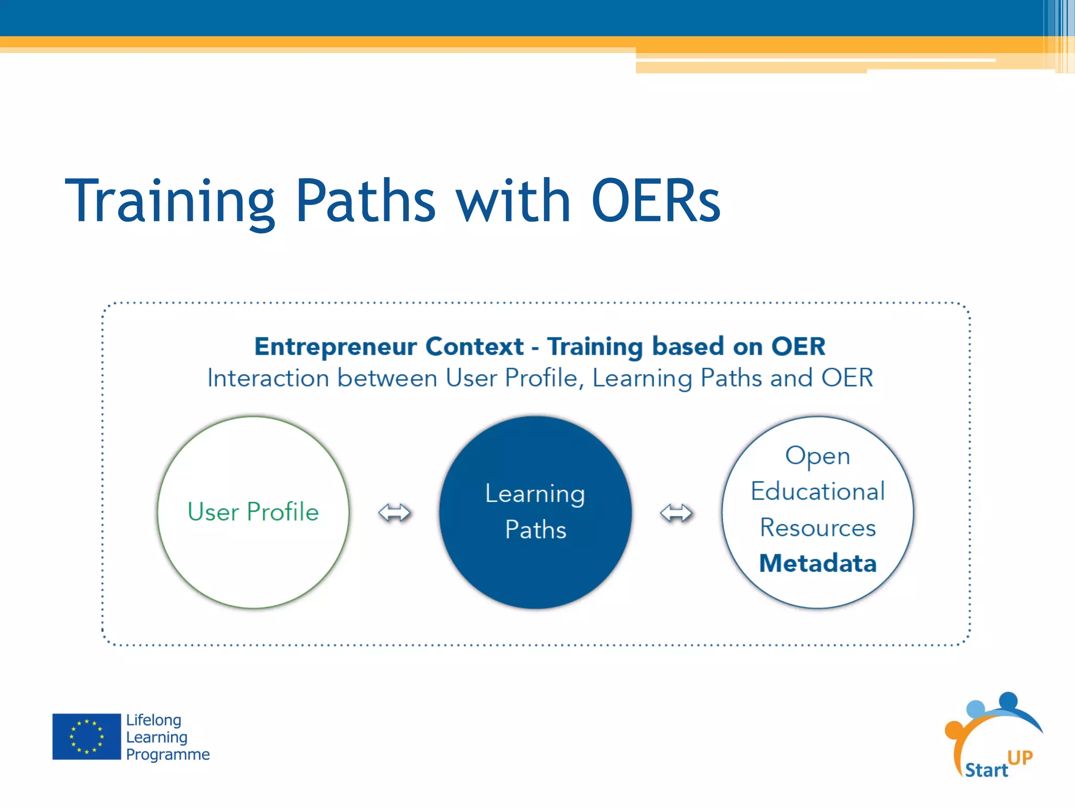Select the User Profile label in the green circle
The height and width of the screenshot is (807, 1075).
253,512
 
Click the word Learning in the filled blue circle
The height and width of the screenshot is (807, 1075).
535,494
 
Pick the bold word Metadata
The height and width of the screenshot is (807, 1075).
818,563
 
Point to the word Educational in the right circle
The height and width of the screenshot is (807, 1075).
818,492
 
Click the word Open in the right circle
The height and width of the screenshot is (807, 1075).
817,456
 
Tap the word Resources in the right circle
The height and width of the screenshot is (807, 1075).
818,527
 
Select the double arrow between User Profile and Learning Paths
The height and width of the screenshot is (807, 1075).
394,513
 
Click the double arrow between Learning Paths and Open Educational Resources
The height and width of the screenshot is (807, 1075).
676,513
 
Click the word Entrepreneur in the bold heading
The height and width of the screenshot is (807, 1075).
336,347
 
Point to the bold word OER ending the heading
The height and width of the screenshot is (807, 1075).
798,347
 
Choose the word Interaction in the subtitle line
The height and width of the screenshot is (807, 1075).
269,378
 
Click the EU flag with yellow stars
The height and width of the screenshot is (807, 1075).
87,736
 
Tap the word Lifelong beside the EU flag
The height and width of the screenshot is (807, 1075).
154,720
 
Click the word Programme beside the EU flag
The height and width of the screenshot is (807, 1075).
168,754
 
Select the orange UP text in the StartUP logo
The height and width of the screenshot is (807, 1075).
1020,758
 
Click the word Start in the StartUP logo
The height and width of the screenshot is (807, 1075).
986,770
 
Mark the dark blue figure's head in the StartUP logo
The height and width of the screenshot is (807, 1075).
1008,700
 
